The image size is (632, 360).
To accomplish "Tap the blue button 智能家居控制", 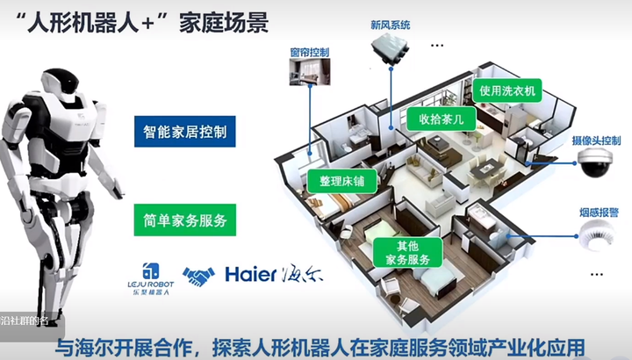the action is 185,133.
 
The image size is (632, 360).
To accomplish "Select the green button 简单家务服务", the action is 185,219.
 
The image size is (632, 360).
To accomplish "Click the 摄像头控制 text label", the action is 596,140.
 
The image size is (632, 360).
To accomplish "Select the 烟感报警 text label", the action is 601,212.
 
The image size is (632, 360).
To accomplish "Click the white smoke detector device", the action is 599,234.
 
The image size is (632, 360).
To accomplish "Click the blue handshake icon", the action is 197,277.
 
